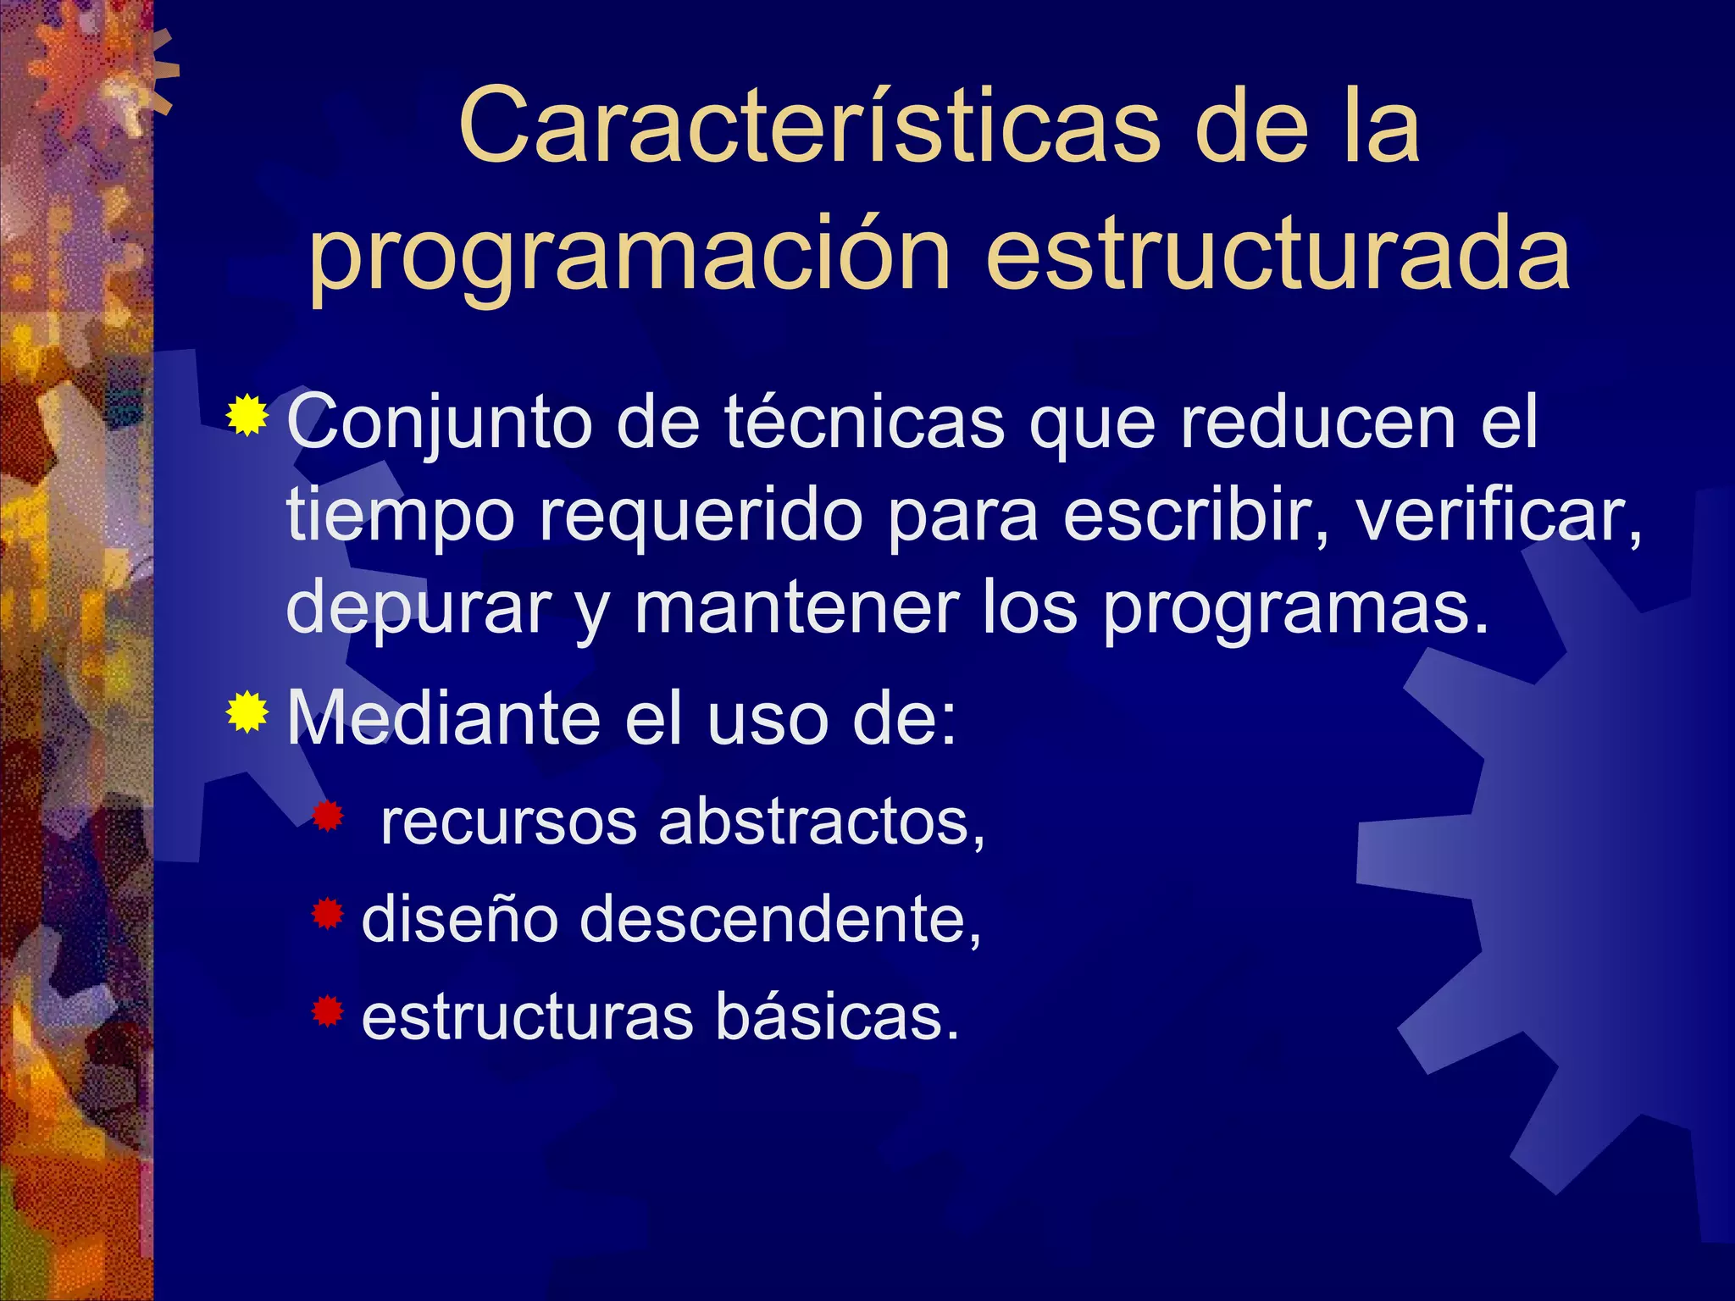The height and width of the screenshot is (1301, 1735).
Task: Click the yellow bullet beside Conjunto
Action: click(247, 417)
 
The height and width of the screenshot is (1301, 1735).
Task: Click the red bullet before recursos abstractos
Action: click(328, 817)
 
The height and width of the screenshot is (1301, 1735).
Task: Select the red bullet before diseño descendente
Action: click(328, 915)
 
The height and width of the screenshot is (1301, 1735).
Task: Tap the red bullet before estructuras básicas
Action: click(328, 1011)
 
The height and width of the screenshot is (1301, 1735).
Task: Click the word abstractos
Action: click(822, 822)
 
